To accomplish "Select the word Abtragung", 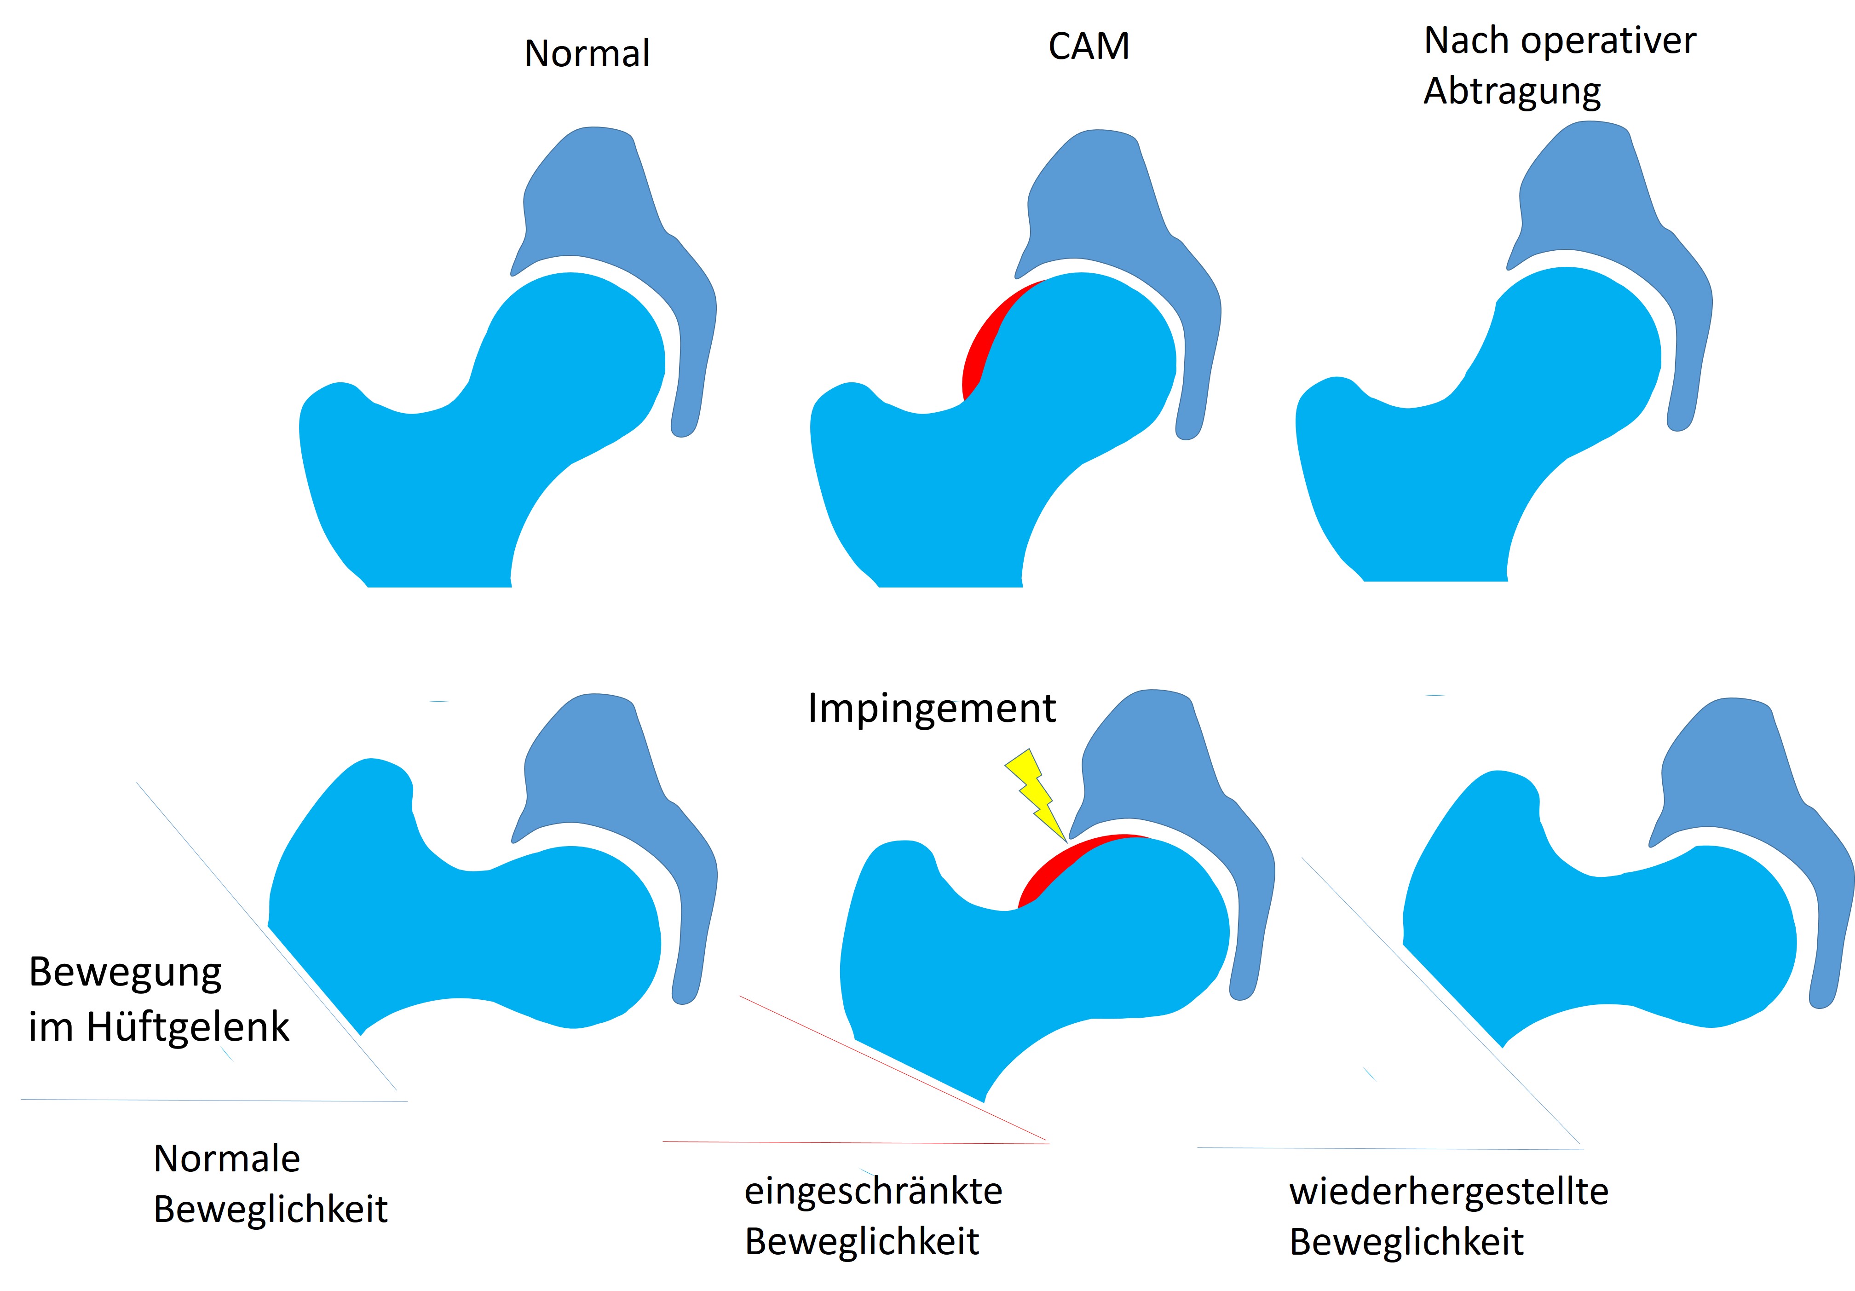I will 1512,91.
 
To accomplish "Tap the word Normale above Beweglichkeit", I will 226,1158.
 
